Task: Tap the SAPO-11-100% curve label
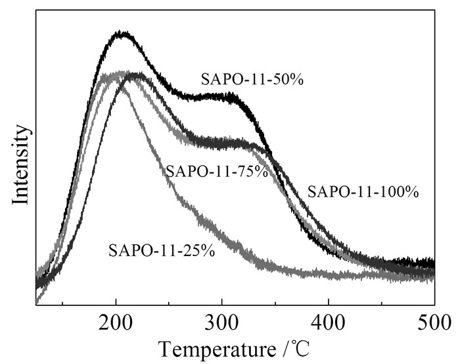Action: (363, 192)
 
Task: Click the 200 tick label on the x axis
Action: (116, 323)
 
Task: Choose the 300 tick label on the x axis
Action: (222, 323)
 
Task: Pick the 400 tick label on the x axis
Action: (328, 323)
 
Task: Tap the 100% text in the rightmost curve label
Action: (402, 192)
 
